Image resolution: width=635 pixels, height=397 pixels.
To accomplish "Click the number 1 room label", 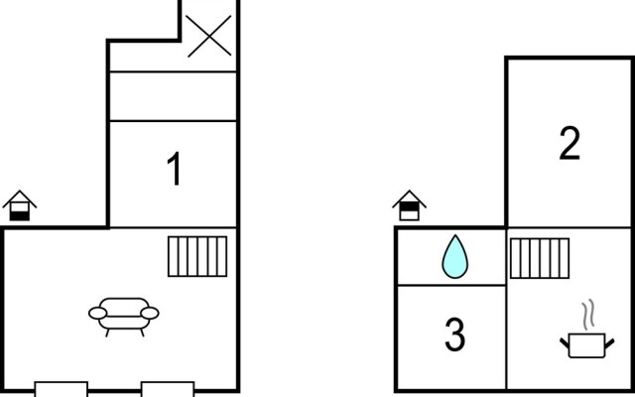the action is pos(174,169).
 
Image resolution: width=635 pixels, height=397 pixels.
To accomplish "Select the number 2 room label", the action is pos(570,143).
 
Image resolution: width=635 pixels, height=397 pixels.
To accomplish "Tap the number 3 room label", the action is pos(454,334).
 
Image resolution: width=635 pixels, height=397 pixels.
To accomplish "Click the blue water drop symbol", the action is pos(454,257).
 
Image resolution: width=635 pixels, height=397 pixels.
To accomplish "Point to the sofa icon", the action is pos(124,317).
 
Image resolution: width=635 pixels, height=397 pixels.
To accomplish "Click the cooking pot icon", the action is pos(586,345).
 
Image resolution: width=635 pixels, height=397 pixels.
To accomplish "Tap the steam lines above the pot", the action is pos(588,314).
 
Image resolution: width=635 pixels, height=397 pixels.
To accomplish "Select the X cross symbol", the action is pos(209,36).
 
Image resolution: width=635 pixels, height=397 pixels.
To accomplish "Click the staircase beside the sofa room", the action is pos(197,256).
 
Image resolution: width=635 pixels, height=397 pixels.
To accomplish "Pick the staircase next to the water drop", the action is pos(540,258).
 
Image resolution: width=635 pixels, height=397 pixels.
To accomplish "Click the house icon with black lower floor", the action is pos(20,205).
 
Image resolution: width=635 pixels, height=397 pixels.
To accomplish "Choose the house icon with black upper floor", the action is pos(409,205).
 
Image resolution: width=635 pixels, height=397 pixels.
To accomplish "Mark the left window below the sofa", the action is pos(62,388).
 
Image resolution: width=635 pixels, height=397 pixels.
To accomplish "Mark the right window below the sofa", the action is pos(168,388).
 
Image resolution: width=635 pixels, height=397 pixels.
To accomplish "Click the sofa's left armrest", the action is pos(97,314).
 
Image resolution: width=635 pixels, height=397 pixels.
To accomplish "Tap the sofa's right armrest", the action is pos(150,314).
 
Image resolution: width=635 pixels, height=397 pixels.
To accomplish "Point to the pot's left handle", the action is pos(565,342).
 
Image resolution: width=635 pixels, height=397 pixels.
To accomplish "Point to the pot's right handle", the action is pos(609,342).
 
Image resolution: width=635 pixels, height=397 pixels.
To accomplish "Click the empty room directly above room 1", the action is pos(173,96).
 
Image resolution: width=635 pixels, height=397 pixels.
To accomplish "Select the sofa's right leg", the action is pos(142,332).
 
